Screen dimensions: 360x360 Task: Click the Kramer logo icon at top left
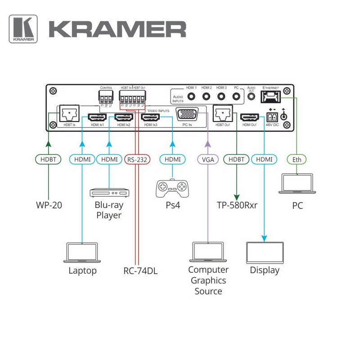[23, 29]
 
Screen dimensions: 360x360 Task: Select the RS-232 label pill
[136, 159]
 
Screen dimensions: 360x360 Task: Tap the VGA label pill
[207, 159]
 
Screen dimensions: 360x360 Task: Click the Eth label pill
[297, 159]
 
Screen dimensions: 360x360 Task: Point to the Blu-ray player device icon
[109, 193]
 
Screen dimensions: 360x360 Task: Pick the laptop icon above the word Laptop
[82, 252]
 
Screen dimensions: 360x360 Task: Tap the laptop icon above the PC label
[297, 184]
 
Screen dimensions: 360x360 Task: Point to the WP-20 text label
[49, 206]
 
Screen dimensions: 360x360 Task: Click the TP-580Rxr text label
[237, 206]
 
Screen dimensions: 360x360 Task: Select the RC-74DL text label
[140, 270]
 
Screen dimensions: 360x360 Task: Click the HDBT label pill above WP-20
[48, 159]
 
